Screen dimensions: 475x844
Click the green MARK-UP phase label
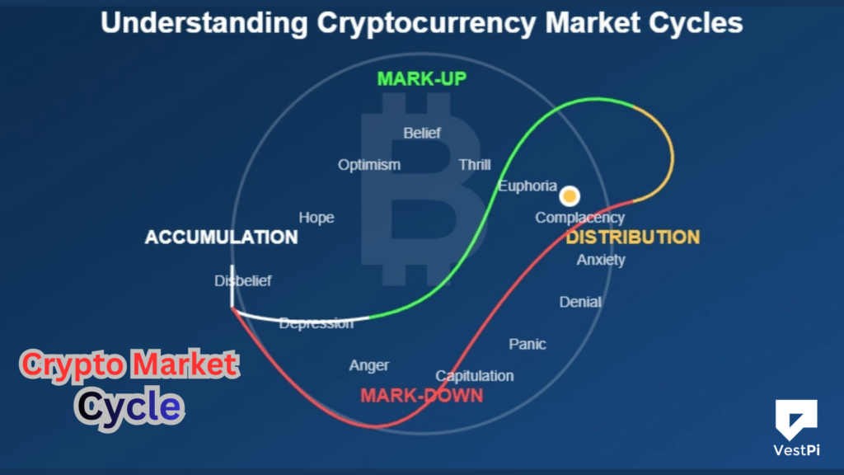[422, 79]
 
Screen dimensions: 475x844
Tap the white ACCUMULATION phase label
[221, 237]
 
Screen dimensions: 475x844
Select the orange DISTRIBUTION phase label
[632, 237]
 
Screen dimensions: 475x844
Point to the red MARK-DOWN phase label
[421, 396]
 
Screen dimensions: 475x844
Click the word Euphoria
[527, 186]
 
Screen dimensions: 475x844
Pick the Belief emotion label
[422, 133]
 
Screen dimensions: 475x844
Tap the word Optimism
[369, 165]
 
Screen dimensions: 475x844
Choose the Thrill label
[475, 165]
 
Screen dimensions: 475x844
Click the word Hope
[316, 218]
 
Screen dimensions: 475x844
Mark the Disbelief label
[243, 281]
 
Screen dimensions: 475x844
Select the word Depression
[316, 323]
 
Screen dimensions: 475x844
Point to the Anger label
[369, 365]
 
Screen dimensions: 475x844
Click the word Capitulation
[475, 376]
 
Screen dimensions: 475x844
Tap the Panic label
[527, 344]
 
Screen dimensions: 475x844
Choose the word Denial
[580, 302]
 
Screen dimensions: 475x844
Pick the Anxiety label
[601, 260]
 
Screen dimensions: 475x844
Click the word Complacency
[580, 218]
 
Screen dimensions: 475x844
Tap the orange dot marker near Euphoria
[570, 197]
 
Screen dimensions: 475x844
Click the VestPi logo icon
[795, 419]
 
